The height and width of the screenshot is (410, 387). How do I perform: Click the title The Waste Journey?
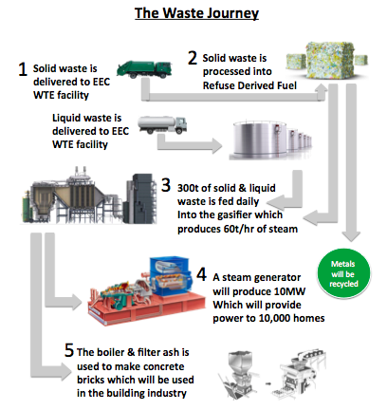click(x=196, y=13)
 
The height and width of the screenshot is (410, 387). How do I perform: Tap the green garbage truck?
click(x=144, y=69)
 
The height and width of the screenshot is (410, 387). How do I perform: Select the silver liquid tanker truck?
click(x=162, y=124)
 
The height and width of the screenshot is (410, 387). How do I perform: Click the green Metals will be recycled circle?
click(x=343, y=273)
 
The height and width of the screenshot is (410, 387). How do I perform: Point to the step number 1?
click(x=23, y=68)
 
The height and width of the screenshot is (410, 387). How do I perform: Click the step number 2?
click(x=193, y=58)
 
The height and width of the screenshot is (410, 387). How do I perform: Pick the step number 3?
click(x=166, y=185)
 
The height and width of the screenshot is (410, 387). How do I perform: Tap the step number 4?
click(x=201, y=274)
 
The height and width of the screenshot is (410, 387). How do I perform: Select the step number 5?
click(x=69, y=350)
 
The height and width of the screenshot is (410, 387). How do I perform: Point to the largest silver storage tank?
click(x=260, y=140)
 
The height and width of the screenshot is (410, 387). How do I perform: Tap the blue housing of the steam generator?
click(x=170, y=275)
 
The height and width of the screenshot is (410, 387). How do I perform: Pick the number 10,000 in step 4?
click(x=274, y=318)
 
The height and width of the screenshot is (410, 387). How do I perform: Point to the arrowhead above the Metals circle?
click(x=351, y=236)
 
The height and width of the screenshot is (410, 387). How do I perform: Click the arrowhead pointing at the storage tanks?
click(x=216, y=145)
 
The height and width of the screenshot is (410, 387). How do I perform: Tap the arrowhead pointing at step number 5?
click(x=67, y=371)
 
